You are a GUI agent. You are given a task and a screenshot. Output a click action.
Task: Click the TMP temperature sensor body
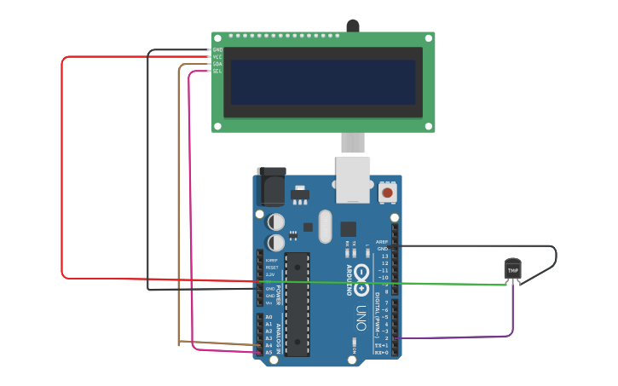[512, 269]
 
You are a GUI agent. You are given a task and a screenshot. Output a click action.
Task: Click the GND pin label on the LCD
[217, 50]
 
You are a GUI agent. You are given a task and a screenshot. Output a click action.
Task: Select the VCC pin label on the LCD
[217, 57]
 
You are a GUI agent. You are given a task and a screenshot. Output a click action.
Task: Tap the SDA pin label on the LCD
[217, 64]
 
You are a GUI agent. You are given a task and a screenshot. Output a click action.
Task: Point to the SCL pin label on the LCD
[217, 71]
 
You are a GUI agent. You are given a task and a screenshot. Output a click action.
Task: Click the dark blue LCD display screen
[322, 82]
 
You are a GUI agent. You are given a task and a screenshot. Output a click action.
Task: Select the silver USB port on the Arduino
[353, 179]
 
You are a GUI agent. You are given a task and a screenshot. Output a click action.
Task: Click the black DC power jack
[271, 187]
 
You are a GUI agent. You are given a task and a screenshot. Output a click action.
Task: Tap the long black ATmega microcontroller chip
[297, 304]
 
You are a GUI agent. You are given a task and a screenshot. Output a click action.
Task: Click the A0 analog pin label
[269, 317]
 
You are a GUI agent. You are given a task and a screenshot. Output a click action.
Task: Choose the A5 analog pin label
[269, 352]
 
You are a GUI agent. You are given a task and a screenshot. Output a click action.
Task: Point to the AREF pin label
[382, 242]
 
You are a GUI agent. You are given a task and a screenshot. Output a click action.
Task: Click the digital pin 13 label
[384, 256]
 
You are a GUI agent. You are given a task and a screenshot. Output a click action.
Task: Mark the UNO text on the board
[361, 317]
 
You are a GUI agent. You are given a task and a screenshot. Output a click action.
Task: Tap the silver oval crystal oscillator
[325, 227]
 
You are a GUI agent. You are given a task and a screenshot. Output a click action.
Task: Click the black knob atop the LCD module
[352, 26]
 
